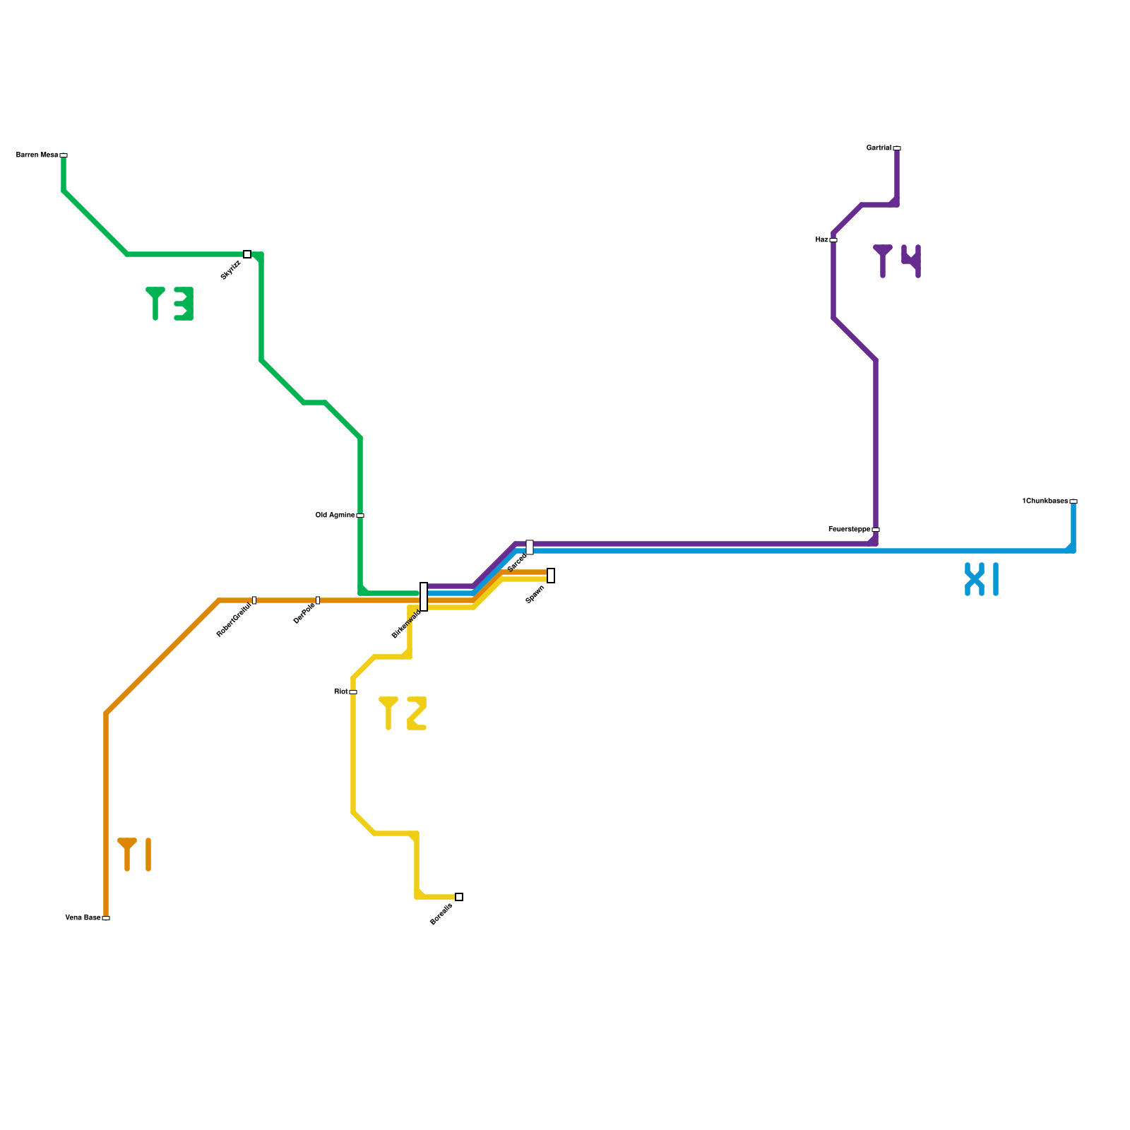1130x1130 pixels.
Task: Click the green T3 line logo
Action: coord(169,304)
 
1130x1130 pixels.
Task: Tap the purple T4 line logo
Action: coord(897,261)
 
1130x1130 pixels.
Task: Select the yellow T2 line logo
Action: coord(403,713)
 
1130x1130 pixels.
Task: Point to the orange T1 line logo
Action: coord(134,855)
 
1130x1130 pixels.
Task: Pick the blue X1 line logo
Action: coord(982,579)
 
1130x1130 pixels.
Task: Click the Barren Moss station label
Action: coord(37,155)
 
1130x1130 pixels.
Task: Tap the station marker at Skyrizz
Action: coord(247,254)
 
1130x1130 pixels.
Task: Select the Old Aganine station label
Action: coord(335,516)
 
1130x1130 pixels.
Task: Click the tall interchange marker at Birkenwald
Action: coord(424,597)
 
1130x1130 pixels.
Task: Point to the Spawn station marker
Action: coord(551,576)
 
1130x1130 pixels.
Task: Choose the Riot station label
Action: coord(340,692)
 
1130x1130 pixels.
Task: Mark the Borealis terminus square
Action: coord(459,897)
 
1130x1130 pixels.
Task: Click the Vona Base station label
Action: coord(83,918)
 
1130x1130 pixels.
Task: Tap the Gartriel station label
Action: coord(879,148)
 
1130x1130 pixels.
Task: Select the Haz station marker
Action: coord(833,240)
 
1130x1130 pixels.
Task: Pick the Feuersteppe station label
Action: coord(849,530)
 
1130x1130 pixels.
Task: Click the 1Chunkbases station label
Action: coord(1045,501)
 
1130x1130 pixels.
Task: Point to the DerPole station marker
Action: coord(318,600)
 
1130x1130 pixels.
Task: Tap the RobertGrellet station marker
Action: coord(254,600)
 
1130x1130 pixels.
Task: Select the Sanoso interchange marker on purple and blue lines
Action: coord(530,547)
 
